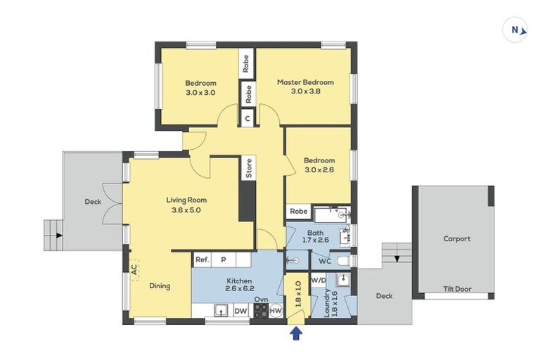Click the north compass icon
[x=515, y=30]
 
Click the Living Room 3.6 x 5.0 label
[x=186, y=205]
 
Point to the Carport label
[x=456, y=238]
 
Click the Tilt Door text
[x=456, y=289]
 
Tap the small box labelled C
[x=247, y=119]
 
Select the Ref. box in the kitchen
[x=202, y=259]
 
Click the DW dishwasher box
[x=240, y=310]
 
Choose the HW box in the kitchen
[x=276, y=310]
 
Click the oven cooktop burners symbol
[x=259, y=311]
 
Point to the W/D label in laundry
[x=319, y=280]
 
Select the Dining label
[x=160, y=286]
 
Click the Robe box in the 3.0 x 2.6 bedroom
[x=297, y=211]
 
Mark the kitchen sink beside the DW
[x=220, y=310]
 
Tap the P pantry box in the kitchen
[x=224, y=259]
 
